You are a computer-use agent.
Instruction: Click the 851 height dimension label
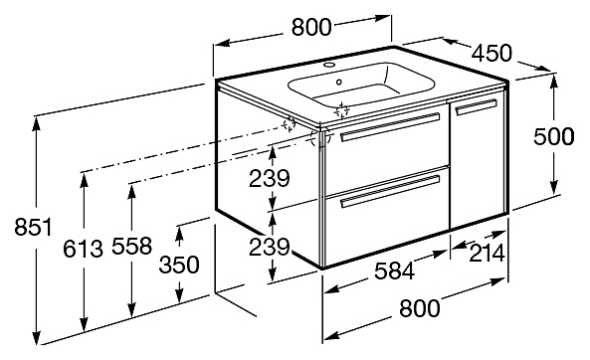(x=33, y=227)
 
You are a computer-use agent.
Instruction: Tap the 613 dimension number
(x=83, y=249)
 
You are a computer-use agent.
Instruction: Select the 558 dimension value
(x=131, y=246)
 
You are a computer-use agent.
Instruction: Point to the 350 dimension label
(x=179, y=265)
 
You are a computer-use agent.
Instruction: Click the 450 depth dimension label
(x=492, y=53)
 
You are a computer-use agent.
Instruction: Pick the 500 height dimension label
(x=554, y=136)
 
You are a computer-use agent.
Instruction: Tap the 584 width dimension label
(x=394, y=270)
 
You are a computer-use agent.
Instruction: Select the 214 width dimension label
(x=487, y=254)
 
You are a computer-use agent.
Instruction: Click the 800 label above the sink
(x=311, y=27)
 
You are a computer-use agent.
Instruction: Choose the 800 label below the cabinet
(x=419, y=308)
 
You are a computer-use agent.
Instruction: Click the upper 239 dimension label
(x=270, y=178)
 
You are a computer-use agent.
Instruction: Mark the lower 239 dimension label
(x=270, y=247)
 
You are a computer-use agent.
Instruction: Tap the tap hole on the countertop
(x=330, y=64)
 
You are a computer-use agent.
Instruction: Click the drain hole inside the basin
(x=339, y=82)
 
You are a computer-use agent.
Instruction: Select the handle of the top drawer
(x=390, y=127)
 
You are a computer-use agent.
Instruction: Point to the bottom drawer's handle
(x=390, y=191)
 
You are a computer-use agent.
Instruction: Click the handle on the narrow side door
(x=476, y=106)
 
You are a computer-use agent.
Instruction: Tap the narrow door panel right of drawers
(x=477, y=161)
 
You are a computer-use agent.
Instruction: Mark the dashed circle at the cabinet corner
(x=320, y=137)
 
